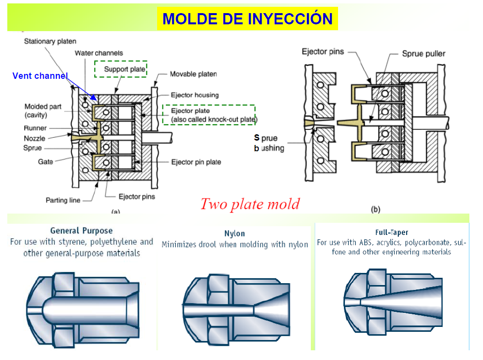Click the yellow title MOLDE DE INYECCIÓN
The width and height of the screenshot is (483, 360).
pyautogui.click(x=247, y=19)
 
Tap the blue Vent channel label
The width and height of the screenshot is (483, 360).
pyautogui.click(x=40, y=76)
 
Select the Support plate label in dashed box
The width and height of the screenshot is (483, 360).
pyautogui.click(x=125, y=70)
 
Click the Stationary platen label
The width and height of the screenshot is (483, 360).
pyautogui.click(x=50, y=41)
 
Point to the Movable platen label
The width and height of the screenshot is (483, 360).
pyautogui.click(x=193, y=74)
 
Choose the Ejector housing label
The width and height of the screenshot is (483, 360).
pyautogui.click(x=195, y=95)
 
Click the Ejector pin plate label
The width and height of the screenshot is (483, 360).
pyautogui.click(x=196, y=162)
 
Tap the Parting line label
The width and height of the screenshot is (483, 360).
pyautogui.click(x=63, y=200)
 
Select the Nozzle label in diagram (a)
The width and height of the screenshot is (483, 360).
pyautogui.click(x=35, y=138)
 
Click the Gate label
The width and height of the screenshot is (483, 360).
pyautogui.click(x=46, y=162)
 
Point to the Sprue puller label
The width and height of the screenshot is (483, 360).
pyautogui.click(x=423, y=54)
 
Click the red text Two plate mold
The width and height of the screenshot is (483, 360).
pyautogui.click(x=250, y=203)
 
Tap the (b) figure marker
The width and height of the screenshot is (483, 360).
pyautogui.click(x=376, y=209)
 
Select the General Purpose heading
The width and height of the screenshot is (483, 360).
pyautogui.click(x=81, y=231)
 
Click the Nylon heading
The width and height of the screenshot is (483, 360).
pyautogui.click(x=235, y=234)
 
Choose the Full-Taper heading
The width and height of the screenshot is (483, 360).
pyautogui.click(x=392, y=232)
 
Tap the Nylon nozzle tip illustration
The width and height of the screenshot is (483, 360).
pyautogui.click(x=235, y=310)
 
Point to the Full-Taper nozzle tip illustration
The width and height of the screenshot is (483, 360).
pyautogui.click(x=393, y=303)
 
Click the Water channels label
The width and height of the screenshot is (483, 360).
pyautogui.click(x=99, y=53)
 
